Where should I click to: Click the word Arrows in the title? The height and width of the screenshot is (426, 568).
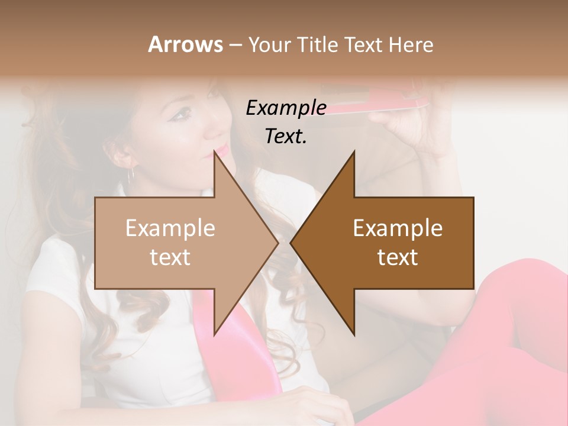click(x=185, y=44)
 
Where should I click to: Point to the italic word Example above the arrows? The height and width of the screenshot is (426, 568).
click(x=286, y=108)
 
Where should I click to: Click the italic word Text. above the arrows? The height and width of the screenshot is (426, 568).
click(x=286, y=136)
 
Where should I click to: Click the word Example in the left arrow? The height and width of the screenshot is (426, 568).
click(x=170, y=228)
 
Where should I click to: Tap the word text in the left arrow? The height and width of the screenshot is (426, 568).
click(x=170, y=257)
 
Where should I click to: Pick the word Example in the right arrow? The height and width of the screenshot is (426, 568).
click(x=398, y=228)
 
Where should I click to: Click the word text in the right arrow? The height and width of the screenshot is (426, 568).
click(x=398, y=257)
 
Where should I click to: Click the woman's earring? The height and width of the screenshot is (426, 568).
click(x=132, y=173)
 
